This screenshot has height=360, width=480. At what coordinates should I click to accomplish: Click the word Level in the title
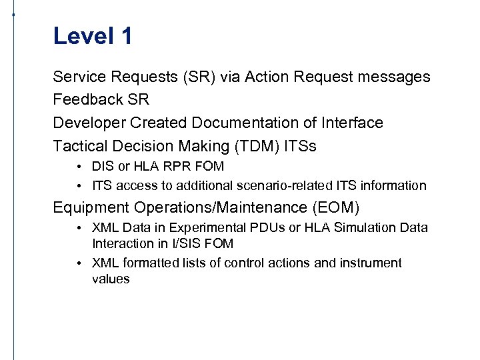(84, 36)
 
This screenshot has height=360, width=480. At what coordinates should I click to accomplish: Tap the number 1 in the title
(126, 36)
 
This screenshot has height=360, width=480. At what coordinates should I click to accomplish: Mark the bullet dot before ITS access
(79, 185)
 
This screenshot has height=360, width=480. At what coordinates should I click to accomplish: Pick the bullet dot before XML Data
(79, 228)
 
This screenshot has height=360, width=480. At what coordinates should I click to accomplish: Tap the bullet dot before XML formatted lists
(79, 263)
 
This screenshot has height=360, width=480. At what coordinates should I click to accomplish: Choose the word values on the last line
(111, 279)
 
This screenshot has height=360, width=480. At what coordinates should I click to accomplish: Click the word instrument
(371, 263)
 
